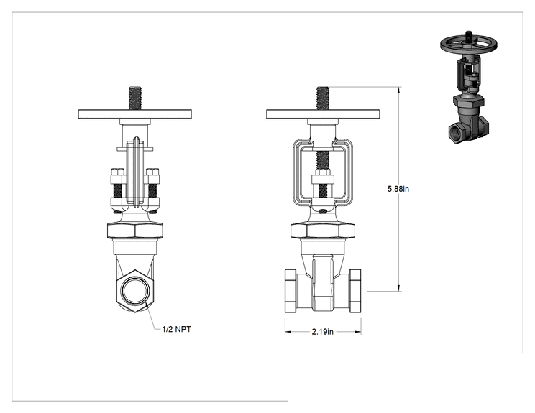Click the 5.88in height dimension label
[398, 189]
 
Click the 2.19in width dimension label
[322, 332]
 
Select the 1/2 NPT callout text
[177, 329]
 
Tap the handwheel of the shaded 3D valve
[468, 45]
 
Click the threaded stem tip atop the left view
[135, 98]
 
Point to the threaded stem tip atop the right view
[323, 98]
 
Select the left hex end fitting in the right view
[291, 291]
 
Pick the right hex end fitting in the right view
[355, 291]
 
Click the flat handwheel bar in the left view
[135, 114]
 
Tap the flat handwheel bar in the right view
[323, 114]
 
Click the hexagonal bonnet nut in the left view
[135, 231]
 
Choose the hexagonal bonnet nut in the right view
[323, 231]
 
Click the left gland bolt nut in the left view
[116, 174]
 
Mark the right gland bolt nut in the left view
[152, 174]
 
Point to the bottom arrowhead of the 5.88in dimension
[399, 287]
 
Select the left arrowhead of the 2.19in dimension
[288, 332]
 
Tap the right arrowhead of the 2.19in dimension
[357, 332]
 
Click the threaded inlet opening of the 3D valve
[454, 131]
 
